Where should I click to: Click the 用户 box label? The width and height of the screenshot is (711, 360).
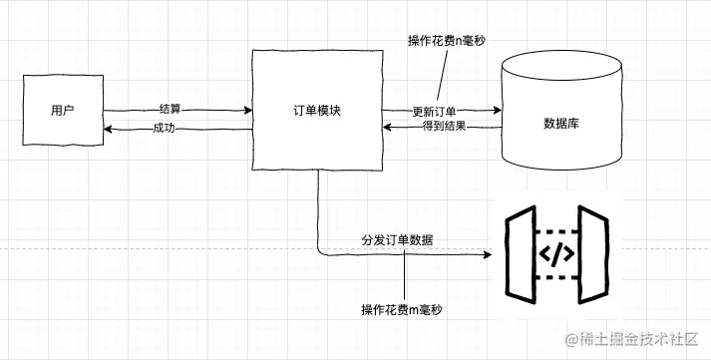tap(62, 109)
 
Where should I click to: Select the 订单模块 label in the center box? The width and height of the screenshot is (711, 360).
tap(318, 111)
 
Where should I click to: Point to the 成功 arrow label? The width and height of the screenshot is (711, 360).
tap(166, 129)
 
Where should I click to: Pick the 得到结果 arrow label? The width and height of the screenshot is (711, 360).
tap(441, 127)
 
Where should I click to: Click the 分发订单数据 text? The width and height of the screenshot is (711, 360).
tap(397, 241)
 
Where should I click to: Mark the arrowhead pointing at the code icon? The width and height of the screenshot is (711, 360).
tap(489, 254)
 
